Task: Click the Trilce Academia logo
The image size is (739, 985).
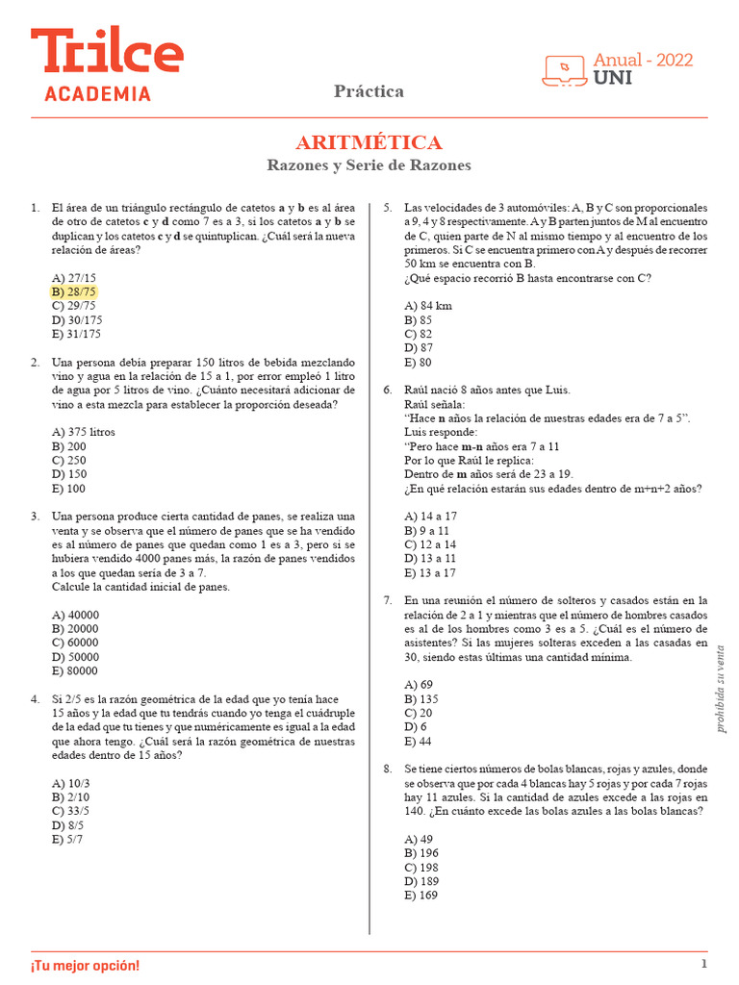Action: tap(106, 64)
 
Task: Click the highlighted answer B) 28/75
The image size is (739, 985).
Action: tap(74, 292)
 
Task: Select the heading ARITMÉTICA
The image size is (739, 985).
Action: tap(369, 143)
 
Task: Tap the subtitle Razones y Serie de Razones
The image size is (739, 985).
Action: tap(369, 165)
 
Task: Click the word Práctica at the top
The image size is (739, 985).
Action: tap(369, 91)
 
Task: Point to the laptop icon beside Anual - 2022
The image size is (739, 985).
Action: tap(565, 69)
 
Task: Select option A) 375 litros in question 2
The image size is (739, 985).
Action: tap(84, 433)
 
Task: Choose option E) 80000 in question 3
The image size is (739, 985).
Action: tap(76, 671)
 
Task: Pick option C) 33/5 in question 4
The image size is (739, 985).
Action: tap(71, 811)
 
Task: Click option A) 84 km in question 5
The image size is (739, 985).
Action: tap(429, 306)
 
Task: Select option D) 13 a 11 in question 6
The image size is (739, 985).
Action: tap(431, 559)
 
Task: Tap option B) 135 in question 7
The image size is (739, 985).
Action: tap(421, 699)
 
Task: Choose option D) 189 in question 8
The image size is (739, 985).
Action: tap(421, 881)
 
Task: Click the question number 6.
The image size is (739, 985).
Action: tap(387, 390)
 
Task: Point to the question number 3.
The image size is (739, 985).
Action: tap(35, 517)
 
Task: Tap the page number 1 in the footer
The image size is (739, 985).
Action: tap(704, 964)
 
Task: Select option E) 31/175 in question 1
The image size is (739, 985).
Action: tap(76, 335)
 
